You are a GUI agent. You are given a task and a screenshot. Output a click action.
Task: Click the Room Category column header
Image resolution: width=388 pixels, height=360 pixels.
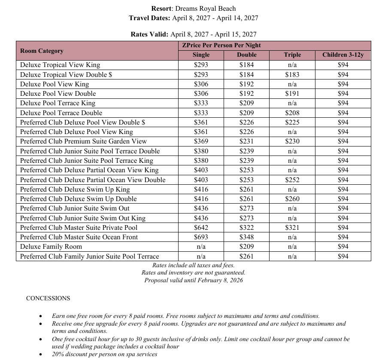click(42, 51)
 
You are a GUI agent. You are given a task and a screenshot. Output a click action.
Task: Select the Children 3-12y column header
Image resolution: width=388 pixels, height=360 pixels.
click(343, 55)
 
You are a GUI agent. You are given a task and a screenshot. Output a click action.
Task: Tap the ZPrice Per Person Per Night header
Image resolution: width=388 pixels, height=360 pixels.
click(221, 45)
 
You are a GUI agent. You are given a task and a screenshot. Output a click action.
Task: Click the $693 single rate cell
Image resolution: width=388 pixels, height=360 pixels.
click(201, 237)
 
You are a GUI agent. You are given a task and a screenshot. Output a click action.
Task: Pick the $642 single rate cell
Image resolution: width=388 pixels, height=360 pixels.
click(201, 228)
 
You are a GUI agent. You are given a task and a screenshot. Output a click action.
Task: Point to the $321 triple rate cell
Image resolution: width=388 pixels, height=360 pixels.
click(292, 228)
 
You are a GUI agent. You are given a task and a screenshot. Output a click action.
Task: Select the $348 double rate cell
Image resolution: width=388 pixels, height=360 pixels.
click(246, 237)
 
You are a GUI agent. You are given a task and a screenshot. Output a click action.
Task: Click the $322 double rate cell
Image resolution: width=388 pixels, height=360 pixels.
click(246, 228)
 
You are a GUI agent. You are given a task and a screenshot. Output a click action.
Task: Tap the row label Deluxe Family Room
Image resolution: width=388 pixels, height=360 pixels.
click(51, 247)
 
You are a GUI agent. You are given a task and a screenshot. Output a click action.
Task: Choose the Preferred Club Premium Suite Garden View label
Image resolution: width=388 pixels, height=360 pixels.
click(83, 141)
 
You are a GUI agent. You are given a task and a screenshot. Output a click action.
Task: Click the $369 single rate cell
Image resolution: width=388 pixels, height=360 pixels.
click(201, 141)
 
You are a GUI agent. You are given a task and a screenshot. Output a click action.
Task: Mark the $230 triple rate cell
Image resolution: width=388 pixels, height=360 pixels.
click(292, 141)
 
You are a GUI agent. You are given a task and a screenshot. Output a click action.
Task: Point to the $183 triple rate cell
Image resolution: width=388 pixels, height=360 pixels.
click(292, 74)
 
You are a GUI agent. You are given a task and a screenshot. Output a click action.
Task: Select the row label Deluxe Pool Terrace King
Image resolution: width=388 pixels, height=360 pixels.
click(58, 103)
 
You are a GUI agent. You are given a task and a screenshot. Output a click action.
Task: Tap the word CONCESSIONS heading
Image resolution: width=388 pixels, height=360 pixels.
click(48, 298)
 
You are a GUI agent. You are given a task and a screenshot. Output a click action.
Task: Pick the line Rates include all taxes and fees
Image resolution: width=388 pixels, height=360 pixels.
click(193, 265)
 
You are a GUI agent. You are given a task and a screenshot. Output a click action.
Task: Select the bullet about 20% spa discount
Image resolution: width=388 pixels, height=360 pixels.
click(104, 354)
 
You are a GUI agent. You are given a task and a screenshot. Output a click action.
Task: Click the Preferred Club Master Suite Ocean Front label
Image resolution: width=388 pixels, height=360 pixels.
click(79, 237)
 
